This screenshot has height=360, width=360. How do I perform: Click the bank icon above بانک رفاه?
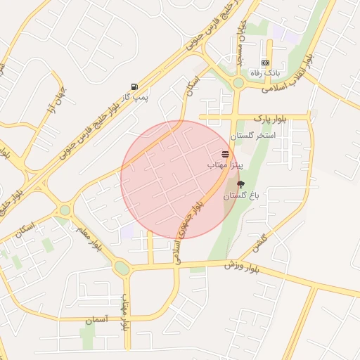(265, 63)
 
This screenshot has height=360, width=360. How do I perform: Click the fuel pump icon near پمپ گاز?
(134, 85)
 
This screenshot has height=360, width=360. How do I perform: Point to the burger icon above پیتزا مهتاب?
(225, 153)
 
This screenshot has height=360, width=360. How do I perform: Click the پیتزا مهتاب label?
(225, 164)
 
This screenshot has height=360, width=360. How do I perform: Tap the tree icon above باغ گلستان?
(241, 184)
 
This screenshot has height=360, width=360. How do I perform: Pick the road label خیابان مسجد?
(240, 46)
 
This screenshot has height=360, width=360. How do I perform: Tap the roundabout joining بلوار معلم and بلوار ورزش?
(122, 268)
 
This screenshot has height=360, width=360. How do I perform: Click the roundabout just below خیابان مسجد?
(238, 83)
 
